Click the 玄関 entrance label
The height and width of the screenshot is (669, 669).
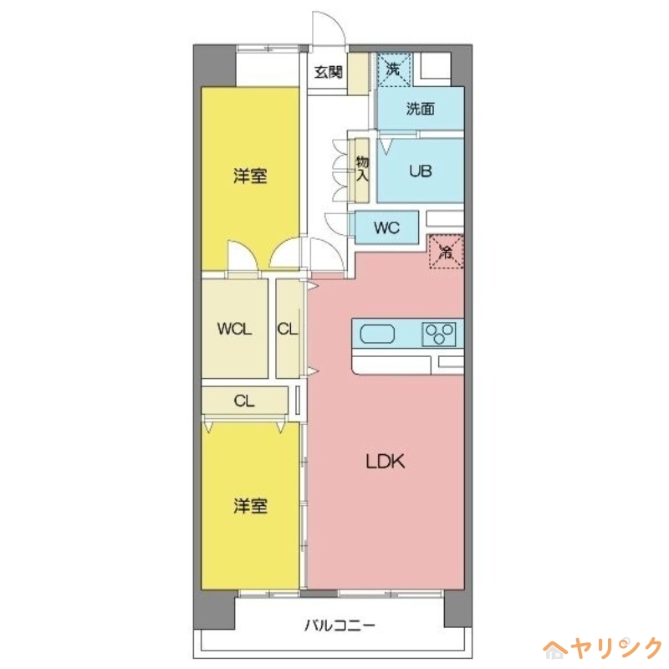(329, 72)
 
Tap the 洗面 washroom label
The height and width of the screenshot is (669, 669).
(420, 109)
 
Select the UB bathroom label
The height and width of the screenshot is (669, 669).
(420, 171)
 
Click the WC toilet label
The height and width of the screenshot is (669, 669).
(386, 227)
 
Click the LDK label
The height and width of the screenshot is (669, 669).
(385, 461)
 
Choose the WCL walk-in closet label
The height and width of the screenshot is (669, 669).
(234, 329)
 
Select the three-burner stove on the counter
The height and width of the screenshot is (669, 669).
(440, 334)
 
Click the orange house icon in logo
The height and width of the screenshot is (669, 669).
(555, 648)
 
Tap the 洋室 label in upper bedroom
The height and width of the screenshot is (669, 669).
(250, 176)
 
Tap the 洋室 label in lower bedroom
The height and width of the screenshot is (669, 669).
(250, 506)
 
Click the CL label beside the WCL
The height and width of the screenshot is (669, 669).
(288, 329)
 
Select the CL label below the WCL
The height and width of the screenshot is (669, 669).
(244, 401)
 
